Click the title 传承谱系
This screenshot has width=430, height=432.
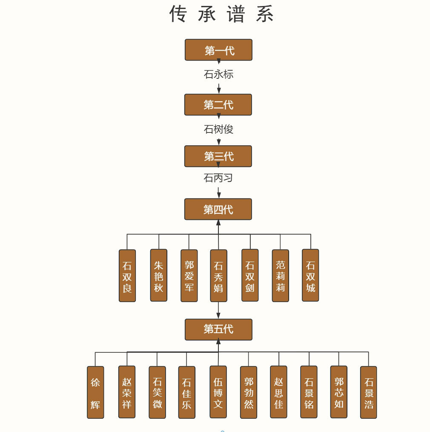pyautogui.click(x=221, y=14)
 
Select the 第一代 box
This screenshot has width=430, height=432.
pyautogui.click(x=218, y=50)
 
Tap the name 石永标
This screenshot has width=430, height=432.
pyautogui.click(x=218, y=75)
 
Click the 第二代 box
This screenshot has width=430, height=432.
pyautogui.click(x=218, y=105)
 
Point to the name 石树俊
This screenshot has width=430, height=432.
pyautogui.click(x=218, y=129)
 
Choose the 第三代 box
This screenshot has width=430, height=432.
pyautogui.click(x=218, y=156)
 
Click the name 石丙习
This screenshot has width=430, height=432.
pyautogui.click(x=218, y=178)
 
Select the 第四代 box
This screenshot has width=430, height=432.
pyautogui.click(x=218, y=209)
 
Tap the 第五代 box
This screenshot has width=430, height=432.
pyautogui.click(x=218, y=329)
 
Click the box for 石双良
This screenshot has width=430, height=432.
pyautogui.click(x=127, y=276)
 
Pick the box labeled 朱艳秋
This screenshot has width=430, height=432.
pyautogui.click(x=158, y=275)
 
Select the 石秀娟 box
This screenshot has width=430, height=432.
pyautogui.click(x=218, y=276)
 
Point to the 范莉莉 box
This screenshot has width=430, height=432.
pyautogui.click(x=280, y=276)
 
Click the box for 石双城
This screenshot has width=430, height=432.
pyautogui.click(x=310, y=275)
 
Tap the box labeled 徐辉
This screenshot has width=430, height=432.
pyautogui.click(x=95, y=392)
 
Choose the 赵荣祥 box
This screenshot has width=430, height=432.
pyautogui.click(x=127, y=392)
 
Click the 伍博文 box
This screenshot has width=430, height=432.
pyautogui.click(x=218, y=392)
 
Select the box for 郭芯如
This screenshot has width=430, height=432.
pyautogui.click(x=338, y=392)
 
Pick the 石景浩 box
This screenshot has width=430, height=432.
pyautogui.click(x=368, y=392)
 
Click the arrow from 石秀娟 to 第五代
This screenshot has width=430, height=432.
pyautogui.click(x=218, y=310)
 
